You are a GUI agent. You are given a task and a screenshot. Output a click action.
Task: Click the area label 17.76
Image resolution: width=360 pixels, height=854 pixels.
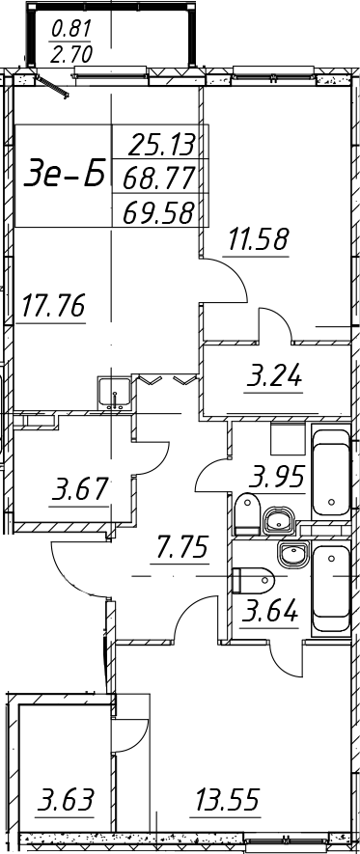[53, 306]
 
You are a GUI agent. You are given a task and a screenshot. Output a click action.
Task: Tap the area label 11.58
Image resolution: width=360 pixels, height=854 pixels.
[258, 239]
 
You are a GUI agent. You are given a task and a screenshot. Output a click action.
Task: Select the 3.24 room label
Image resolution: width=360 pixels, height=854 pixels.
[274, 376]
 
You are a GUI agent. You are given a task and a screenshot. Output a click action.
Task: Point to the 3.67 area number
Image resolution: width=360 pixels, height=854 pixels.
[79, 488]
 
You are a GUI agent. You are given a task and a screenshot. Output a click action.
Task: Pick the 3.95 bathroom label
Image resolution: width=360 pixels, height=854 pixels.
[276, 478]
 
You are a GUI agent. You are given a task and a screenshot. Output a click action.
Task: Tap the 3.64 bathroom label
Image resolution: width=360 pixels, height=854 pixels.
[271, 611]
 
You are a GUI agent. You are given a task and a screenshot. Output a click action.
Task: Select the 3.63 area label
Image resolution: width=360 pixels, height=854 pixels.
[66, 800]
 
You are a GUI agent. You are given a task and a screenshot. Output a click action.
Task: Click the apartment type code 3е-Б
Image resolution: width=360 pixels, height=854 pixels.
[65, 175]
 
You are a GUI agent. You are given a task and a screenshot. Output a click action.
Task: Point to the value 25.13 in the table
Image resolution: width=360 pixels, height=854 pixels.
[162, 146]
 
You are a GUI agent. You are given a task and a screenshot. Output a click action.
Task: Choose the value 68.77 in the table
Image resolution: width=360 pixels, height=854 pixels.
[159, 179]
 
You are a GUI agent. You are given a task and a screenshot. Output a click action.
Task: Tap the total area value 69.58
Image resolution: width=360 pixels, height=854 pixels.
[159, 212]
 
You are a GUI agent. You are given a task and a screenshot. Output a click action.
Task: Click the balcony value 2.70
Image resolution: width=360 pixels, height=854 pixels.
[71, 54]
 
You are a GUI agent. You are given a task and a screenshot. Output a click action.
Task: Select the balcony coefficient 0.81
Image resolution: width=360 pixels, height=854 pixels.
[71, 28]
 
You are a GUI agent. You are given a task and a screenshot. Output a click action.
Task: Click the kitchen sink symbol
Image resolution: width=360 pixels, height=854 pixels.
[115, 393]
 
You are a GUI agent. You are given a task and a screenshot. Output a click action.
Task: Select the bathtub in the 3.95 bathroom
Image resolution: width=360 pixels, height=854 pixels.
[331, 472]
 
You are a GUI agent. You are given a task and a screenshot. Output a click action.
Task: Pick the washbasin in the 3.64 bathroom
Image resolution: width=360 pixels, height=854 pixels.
[293, 556]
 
